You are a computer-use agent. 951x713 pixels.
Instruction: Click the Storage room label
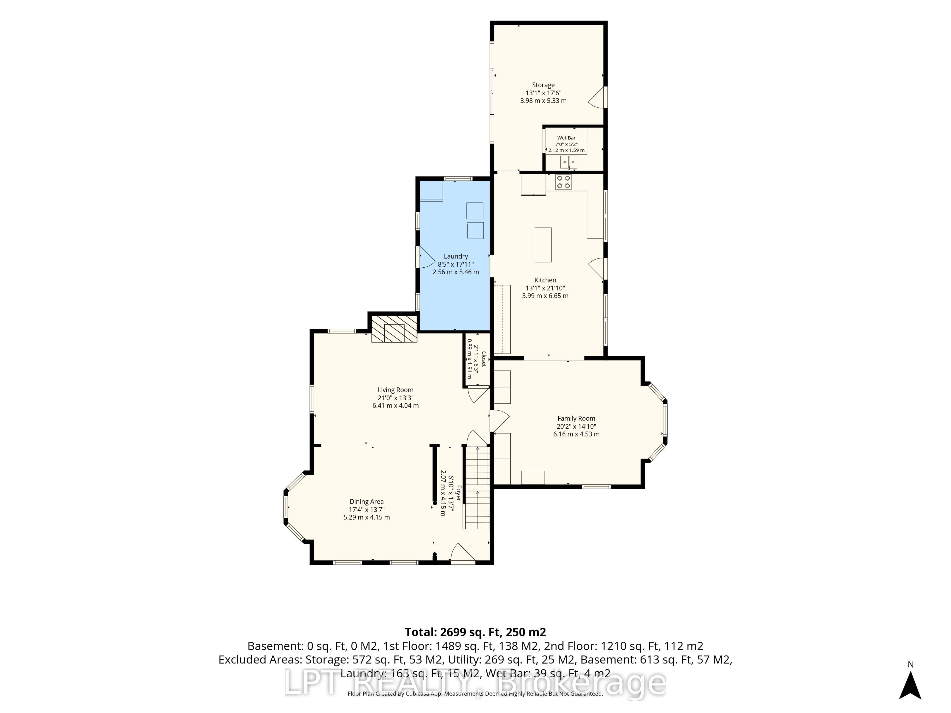(x=543, y=85)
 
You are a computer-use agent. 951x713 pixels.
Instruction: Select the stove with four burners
(x=563, y=182)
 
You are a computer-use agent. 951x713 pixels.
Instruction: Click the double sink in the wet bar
(x=569, y=162)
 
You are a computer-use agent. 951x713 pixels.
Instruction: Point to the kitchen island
(x=543, y=245)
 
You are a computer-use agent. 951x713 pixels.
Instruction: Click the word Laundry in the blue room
(x=456, y=256)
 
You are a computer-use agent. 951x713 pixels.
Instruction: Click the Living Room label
(x=396, y=390)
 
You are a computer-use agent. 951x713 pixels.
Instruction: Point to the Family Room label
(x=576, y=418)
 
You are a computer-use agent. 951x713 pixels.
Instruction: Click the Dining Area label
(x=366, y=502)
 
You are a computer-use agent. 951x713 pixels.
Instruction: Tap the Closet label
(x=484, y=359)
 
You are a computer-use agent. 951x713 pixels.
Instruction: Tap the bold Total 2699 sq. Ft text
(x=475, y=632)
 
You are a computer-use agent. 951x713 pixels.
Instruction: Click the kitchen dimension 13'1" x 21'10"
(x=545, y=288)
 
